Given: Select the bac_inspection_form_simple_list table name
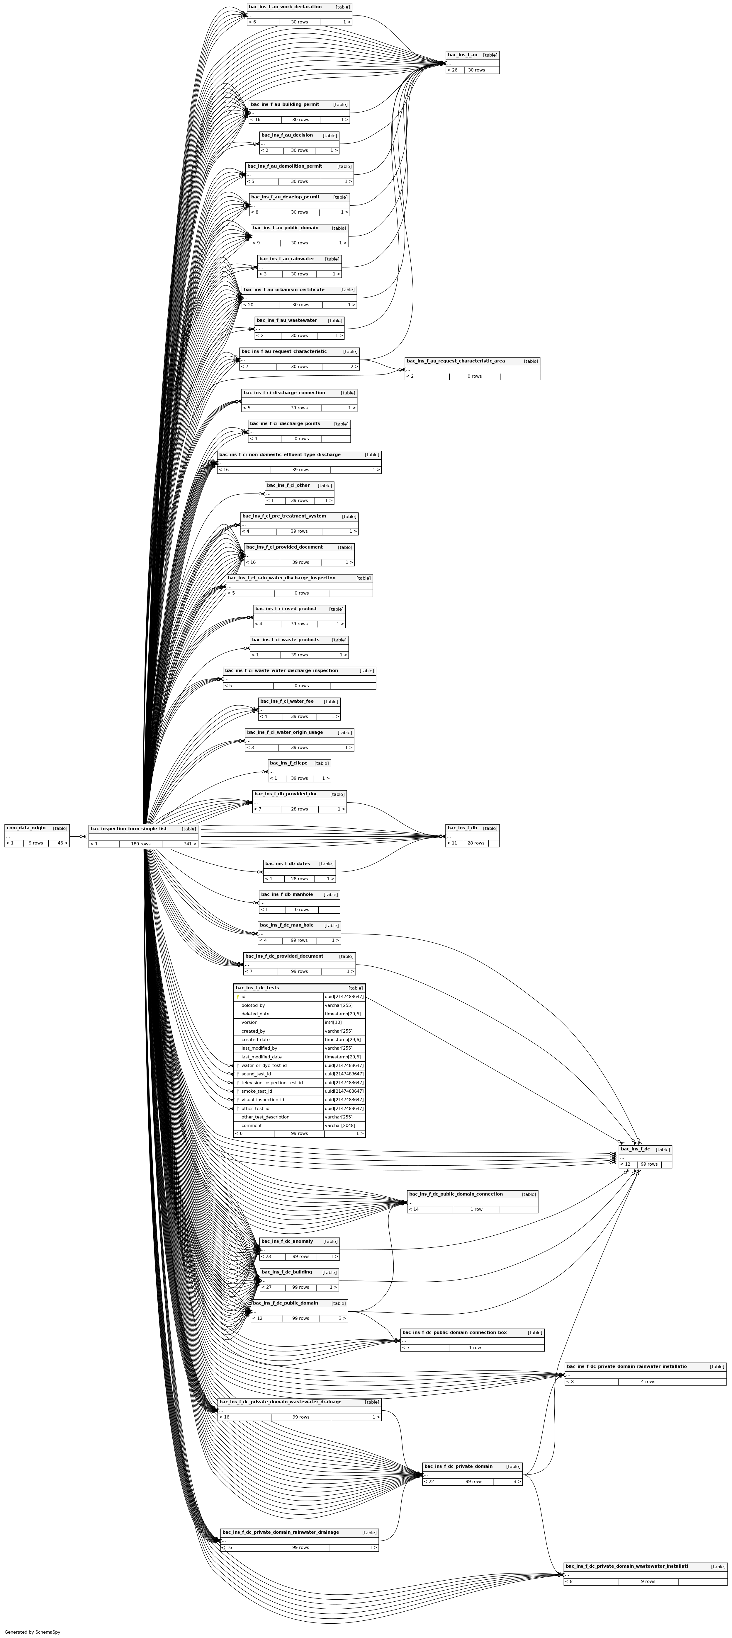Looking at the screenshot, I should tap(128, 829).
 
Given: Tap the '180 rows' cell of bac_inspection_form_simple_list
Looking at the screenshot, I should tap(140, 844).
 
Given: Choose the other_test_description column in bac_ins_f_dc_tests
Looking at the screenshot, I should tap(265, 1117).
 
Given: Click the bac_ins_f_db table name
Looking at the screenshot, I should tap(462, 828).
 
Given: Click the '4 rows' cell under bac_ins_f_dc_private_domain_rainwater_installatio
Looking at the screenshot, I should tap(647, 1381).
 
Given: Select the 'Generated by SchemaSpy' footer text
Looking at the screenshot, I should tap(33, 1632).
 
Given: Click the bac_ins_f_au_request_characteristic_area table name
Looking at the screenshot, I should tap(455, 361).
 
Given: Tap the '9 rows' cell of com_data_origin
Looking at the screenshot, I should tap(35, 843).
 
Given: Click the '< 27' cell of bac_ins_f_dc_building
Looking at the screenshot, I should tap(266, 1287).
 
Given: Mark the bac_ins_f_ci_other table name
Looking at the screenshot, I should tap(288, 485).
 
